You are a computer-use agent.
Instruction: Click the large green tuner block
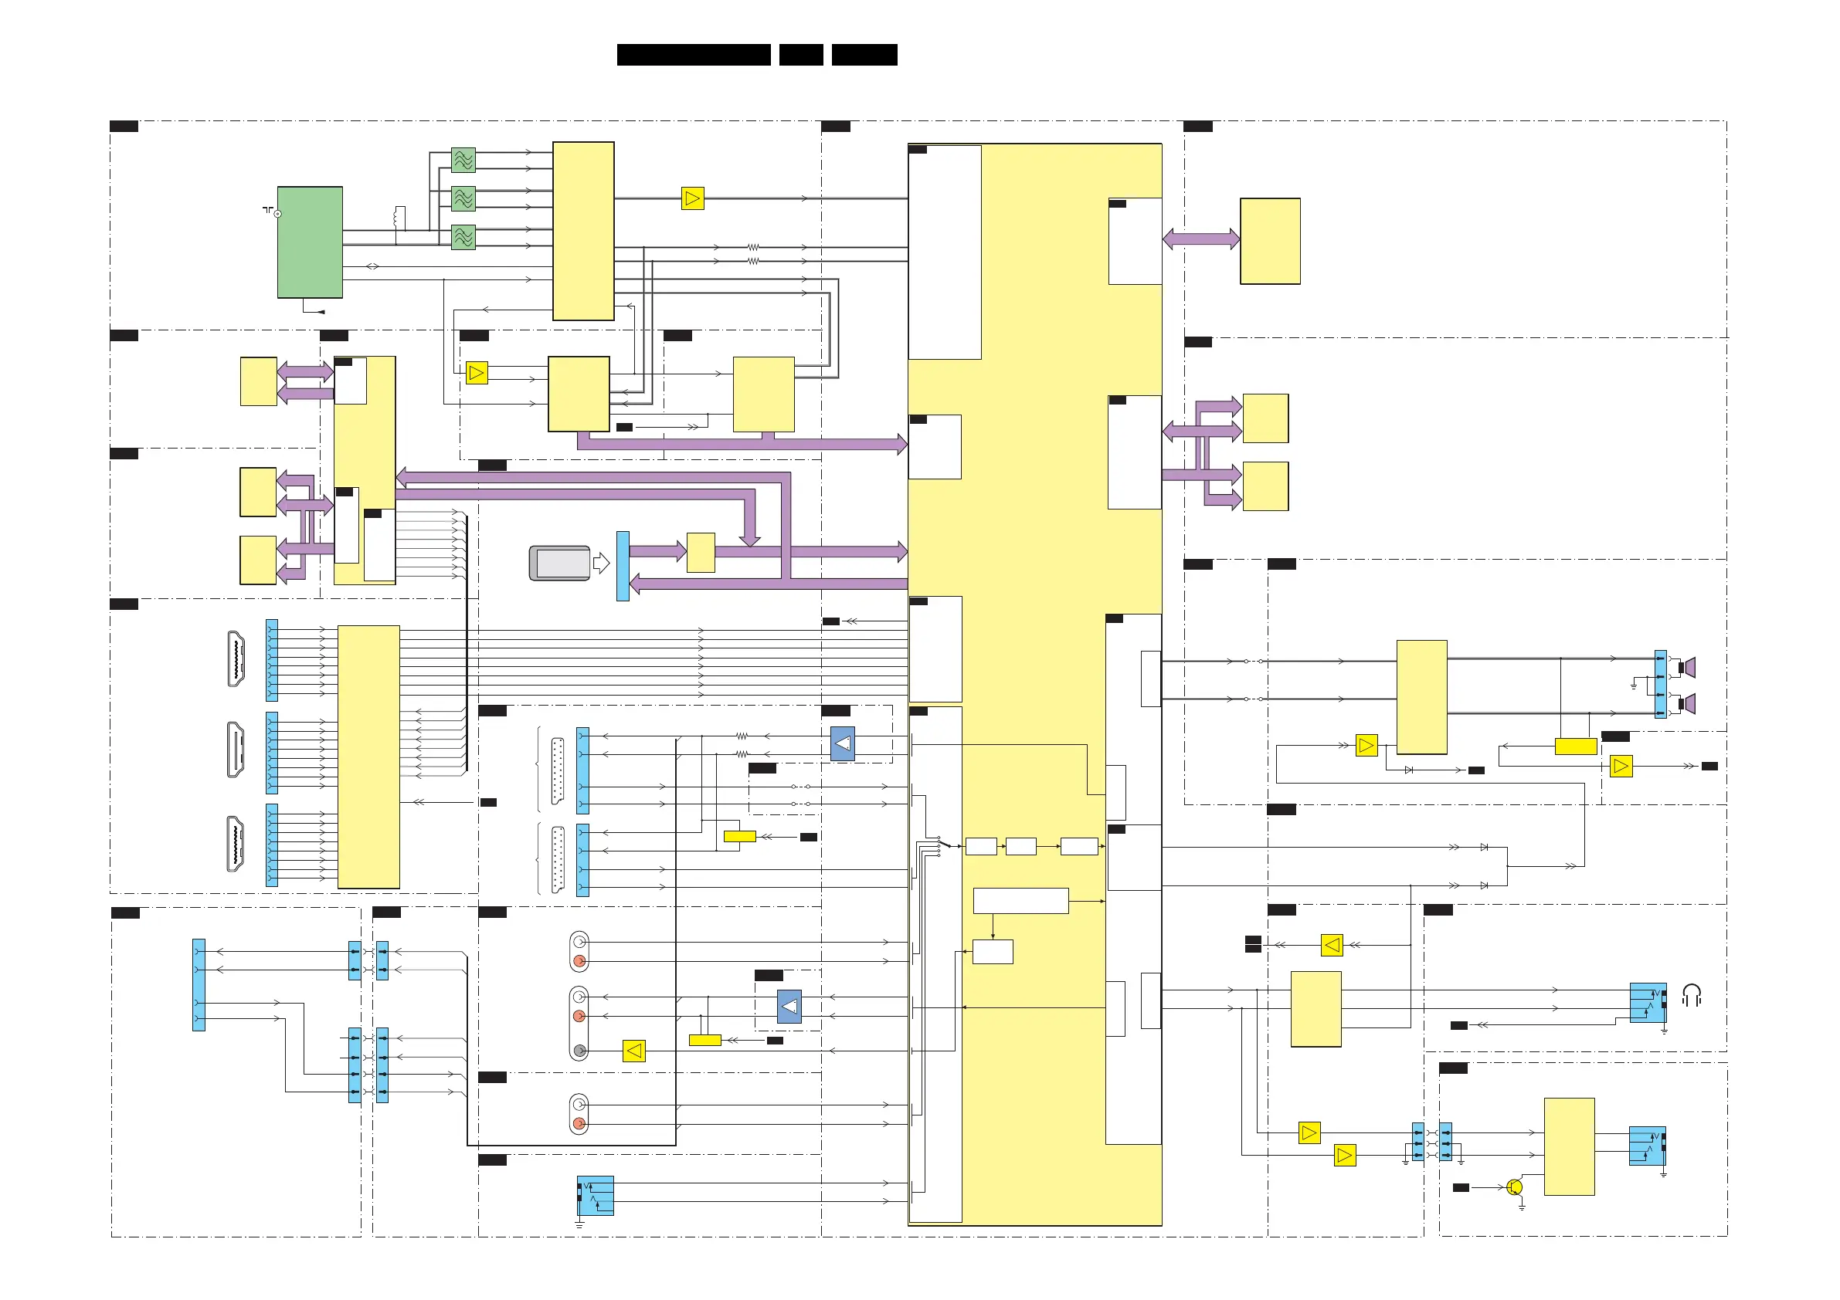309,242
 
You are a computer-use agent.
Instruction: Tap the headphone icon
1691,996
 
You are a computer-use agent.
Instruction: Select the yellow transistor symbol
1514,1187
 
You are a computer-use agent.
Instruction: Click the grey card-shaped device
560,563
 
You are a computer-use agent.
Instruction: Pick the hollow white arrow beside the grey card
601,563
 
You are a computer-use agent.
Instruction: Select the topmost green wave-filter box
463,161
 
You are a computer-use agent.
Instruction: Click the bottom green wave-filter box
463,237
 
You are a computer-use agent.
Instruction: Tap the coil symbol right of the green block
399,218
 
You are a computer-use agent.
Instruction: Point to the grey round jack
579,1051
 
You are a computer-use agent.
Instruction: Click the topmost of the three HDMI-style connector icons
236,659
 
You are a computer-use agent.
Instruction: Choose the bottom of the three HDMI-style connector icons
236,844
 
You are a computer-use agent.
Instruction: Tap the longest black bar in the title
693,55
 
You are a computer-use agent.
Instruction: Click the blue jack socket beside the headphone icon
1647,1003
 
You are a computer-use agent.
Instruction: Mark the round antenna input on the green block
278,214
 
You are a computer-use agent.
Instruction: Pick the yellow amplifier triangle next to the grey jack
634,1051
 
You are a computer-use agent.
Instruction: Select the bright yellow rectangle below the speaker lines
1576,746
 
